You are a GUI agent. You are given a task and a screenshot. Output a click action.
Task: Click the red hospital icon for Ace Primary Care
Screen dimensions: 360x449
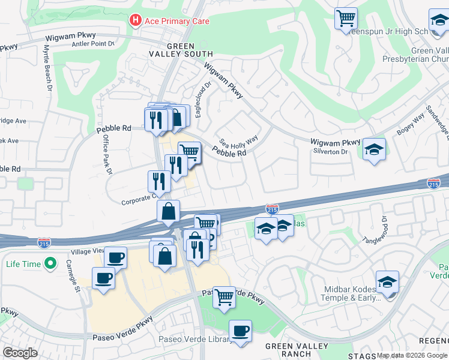coord(136,21)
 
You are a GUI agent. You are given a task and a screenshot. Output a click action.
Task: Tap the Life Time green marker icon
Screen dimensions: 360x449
coord(52,263)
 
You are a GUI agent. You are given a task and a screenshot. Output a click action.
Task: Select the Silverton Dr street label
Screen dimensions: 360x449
coord(331,152)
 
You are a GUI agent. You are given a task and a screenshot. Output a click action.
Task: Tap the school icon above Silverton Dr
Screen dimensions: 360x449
coord(374,149)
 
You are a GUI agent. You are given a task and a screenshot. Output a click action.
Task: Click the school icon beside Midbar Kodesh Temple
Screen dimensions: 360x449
coord(388,282)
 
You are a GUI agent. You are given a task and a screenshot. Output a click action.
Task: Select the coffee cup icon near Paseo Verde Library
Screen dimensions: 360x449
coord(240,331)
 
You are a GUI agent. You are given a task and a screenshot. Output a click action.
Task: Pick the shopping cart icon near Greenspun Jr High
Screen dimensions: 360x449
coord(346,19)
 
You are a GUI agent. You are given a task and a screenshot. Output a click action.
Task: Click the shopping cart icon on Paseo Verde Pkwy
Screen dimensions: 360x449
coord(224,296)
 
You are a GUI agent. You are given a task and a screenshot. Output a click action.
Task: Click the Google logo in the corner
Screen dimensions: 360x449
coord(20,353)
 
